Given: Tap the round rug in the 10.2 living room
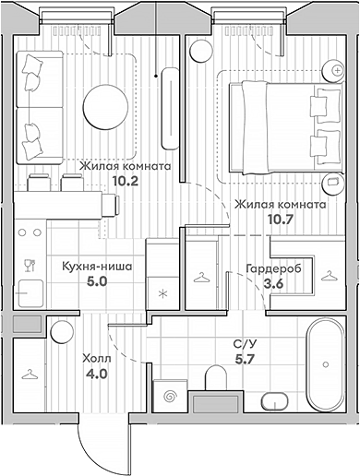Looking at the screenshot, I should [102, 102].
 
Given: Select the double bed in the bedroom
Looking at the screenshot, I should [281, 120].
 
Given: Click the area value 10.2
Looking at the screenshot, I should [125, 182].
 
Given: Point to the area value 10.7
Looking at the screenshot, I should [280, 220].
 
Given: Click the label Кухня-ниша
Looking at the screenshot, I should [96, 267].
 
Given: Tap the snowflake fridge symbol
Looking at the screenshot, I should [162, 294].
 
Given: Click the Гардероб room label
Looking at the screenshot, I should [270, 268].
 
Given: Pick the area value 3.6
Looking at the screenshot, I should [273, 284].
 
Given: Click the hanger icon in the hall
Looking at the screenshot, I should [30, 374].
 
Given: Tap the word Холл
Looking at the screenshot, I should [95, 359].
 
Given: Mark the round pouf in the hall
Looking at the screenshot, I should [63, 331].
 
